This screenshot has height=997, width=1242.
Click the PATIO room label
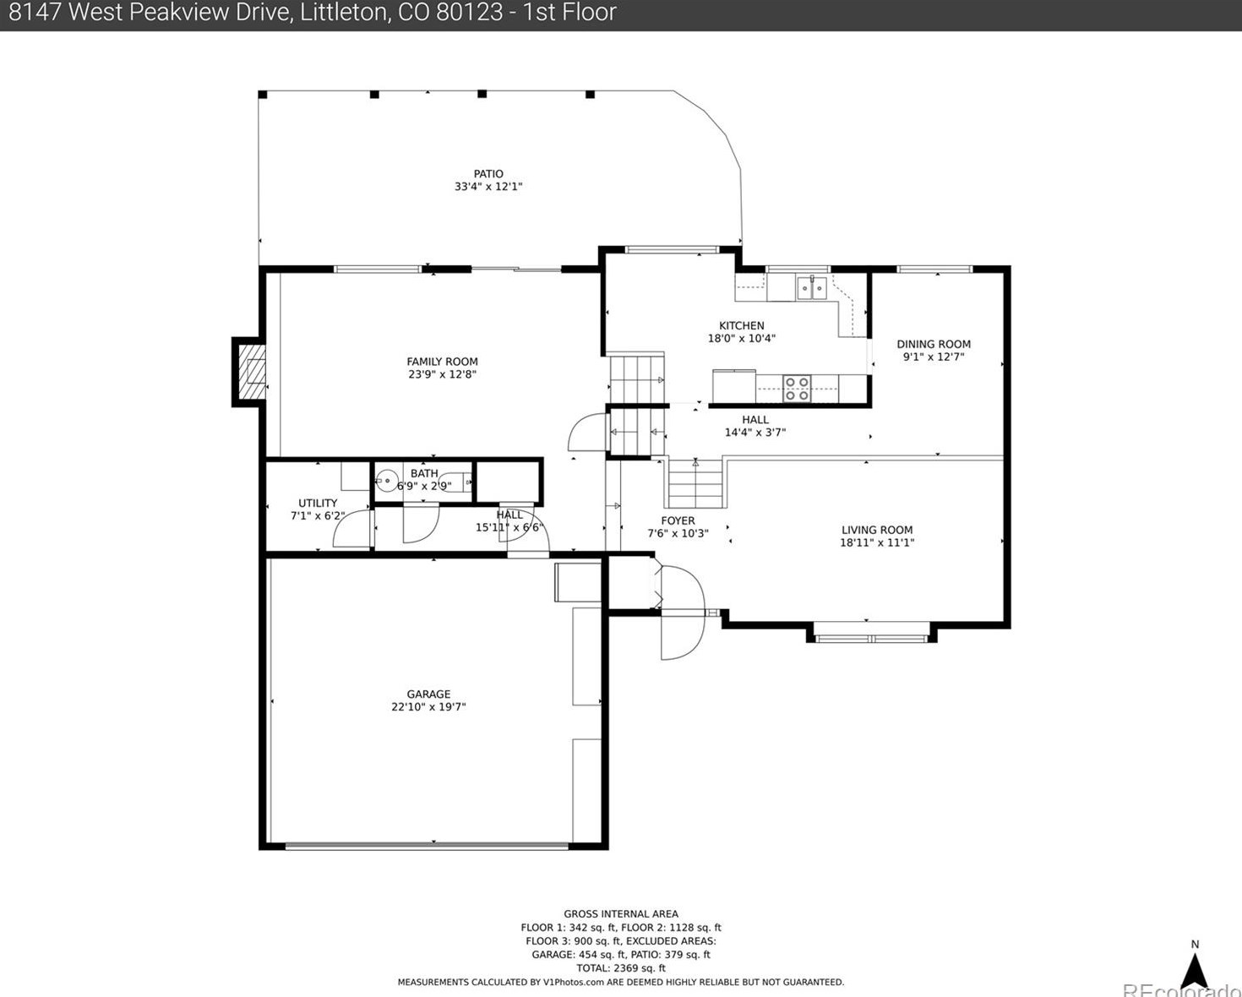(x=488, y=174)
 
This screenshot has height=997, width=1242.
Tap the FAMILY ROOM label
(x=442, y=362)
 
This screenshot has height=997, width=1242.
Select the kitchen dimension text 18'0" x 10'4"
(x=742, y=338)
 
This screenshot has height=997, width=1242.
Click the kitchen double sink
(x=811, y=287)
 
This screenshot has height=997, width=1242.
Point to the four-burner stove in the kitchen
(x=797, y=389)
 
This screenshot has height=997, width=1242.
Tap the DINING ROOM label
(x=934, y=344)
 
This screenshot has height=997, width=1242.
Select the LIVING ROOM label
(x=877, y=530)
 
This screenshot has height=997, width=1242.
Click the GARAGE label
(x=428, y=694)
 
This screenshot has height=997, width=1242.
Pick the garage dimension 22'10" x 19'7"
(x=428, y=706)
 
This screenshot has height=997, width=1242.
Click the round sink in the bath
(x=385, y=479)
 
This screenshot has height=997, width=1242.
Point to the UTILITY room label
(x=318, y=504)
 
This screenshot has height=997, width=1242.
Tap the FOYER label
(x=678, y=520)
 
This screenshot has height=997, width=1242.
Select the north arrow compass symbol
(x=1194, y=963)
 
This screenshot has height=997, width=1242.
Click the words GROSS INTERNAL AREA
(x=621, y=914)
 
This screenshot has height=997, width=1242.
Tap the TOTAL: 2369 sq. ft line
(x=621, y=968)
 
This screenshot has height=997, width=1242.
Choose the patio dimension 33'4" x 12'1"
(x=488, y=187)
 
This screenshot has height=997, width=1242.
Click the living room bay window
(x=871, y=635)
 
